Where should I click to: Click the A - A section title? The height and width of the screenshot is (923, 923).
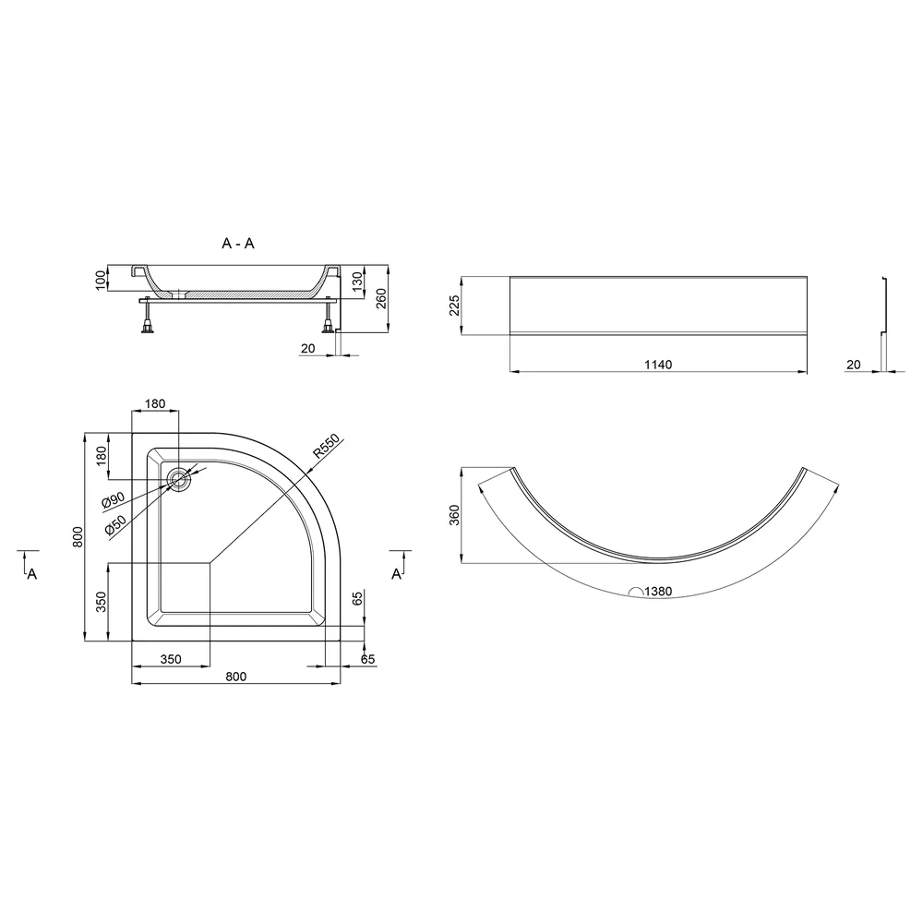coord(238,243)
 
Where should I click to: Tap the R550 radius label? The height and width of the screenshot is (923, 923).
coord(326,446)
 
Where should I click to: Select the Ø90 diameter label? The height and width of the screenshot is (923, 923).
coord(113,499)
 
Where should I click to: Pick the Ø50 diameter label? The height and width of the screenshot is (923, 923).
coord(115,524)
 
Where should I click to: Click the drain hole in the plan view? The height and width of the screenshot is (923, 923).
coord(178,480)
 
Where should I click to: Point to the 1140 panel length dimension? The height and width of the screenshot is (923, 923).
coord(658,365)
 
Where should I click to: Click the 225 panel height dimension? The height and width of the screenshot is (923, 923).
coord(454,306)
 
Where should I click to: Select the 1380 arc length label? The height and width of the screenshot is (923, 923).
coord(658,591)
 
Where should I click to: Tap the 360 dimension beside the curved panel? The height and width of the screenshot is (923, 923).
coord(454,515)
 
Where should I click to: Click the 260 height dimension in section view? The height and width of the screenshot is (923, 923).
coord(381,299)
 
